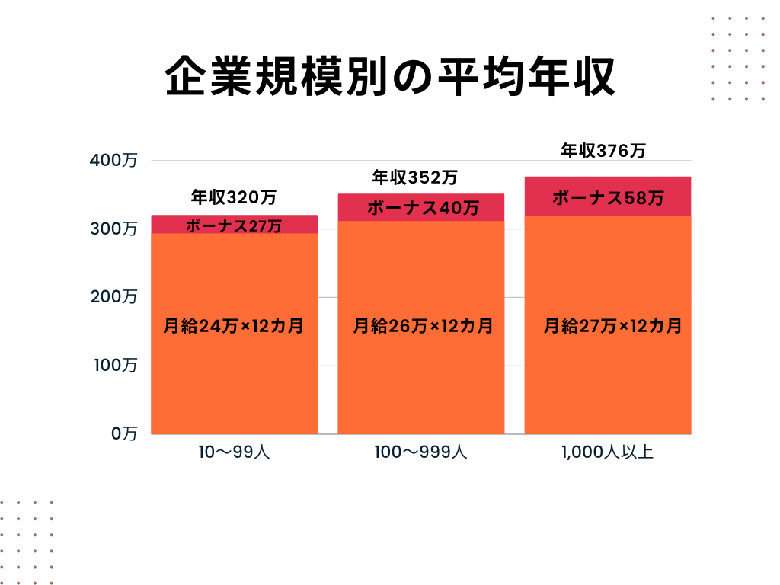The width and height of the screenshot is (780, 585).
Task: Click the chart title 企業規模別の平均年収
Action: tap(389, 76)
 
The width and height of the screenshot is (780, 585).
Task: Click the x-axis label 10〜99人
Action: tap(234, 452)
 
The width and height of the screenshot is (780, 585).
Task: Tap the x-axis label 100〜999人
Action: tap(420, 452)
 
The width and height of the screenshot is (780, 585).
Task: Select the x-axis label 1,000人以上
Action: tap(607, 452)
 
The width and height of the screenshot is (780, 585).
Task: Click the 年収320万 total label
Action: tap(234, 198)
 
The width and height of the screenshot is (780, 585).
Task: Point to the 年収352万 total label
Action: tap(414, 178)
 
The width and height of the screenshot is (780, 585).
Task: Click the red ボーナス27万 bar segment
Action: tap(234, 225)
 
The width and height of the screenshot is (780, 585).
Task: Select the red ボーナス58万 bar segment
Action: tap(608, 198)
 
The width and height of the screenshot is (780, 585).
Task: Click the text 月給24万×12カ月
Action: tap(234, 327)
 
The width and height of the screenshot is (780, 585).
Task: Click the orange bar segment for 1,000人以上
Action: tap(608, 381)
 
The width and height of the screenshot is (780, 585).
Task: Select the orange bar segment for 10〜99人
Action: tap(234, 381)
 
